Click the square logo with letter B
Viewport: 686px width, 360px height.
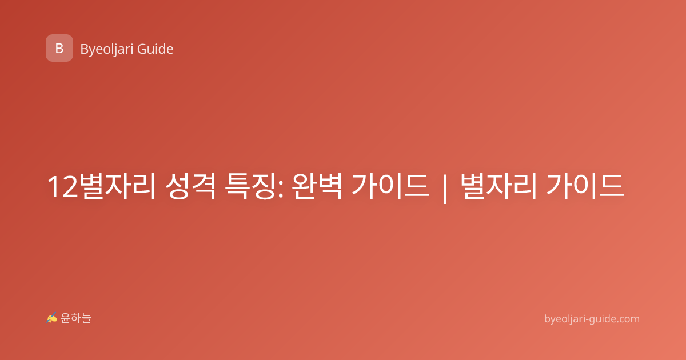(x=59, y=48)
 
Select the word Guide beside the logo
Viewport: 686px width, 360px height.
(x=155, y=49)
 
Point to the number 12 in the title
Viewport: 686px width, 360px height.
(x=63, y=187)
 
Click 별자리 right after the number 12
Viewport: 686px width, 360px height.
(x=118, y=186)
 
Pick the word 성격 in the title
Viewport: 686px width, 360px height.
(x=190, y=186)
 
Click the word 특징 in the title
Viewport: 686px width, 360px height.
(x=250, y=186)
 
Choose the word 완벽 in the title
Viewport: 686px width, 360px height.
(x=317, y=186)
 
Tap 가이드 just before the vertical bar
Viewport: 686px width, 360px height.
(x=390, y=186)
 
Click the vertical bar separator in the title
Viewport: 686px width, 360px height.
(x=445, y=187)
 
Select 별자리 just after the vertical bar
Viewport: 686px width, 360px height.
(x=498, y=186)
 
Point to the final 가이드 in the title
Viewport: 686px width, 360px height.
(x=585, y=186)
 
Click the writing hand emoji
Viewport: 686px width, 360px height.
(x=52, y=318)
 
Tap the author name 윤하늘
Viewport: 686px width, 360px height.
(x=75, y=318)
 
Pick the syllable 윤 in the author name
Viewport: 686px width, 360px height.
(x=66, y=318)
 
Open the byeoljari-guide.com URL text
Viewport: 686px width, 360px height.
(x=592, y=319)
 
